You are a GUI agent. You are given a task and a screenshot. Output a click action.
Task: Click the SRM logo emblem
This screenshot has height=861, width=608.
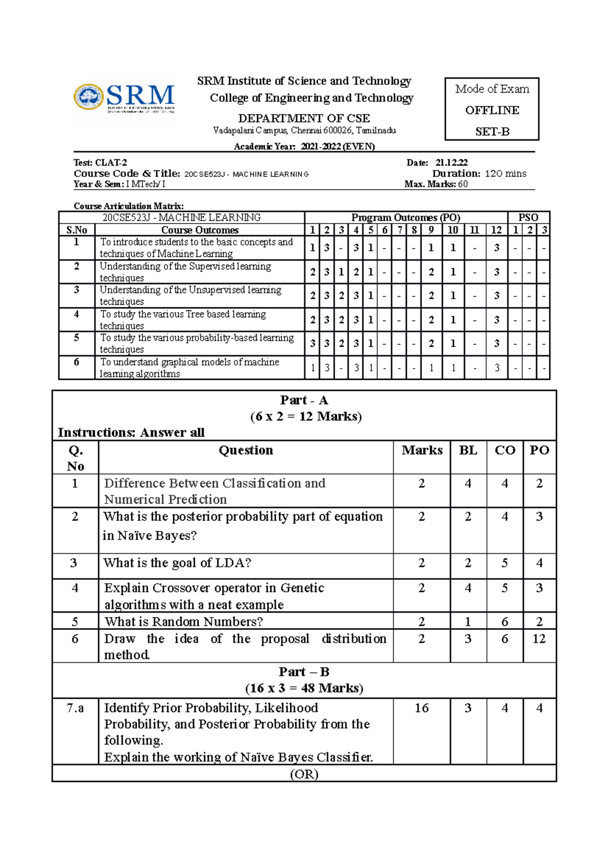click(x=89, y=96)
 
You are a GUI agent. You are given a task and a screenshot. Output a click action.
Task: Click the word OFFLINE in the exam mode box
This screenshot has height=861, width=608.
click(x=492, y=110)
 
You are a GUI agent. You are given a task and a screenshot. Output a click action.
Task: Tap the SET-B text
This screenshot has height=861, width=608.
click(x=492, y=132)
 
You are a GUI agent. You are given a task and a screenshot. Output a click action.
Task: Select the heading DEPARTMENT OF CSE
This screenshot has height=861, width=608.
click(x=304, y=118)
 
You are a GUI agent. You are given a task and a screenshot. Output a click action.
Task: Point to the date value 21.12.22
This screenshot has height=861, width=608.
click(x=451, y=163)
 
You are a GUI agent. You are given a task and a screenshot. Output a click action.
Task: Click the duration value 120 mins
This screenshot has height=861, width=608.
click(x=505, y=173)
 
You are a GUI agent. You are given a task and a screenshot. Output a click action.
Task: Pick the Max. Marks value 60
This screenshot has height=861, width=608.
click(x=463, y=184)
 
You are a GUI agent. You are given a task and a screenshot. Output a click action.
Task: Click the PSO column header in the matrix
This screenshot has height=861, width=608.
click(x=528, y=218)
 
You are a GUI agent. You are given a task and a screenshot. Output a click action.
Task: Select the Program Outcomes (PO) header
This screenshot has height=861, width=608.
click(x=405, y=218)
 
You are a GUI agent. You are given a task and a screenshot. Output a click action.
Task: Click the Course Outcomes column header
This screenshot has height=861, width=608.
click(x=200, y=230)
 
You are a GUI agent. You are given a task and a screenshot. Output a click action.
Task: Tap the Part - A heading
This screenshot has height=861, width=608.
click(x=304, y=400)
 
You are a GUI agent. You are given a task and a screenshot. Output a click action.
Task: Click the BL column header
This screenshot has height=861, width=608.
click(x=468, y=450)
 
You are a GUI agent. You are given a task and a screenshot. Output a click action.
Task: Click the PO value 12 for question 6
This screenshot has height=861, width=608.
click(x=539, y=639)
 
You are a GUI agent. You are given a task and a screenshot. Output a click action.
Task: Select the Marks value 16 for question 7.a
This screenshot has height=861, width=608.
click(x=422, y=708)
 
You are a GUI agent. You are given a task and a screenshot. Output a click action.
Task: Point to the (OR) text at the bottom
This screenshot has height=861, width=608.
click(x=304, y=774)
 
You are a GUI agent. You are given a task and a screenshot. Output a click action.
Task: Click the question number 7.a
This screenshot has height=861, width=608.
click(x=75, y=708)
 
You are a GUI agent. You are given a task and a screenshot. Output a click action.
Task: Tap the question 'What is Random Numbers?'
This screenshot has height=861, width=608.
click(x=183, y=622)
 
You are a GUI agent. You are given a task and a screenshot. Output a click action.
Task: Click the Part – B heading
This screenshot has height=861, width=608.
click(x=304, y=672)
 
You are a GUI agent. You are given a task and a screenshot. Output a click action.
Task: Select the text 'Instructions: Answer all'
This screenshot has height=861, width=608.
click(x=131, y=433)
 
